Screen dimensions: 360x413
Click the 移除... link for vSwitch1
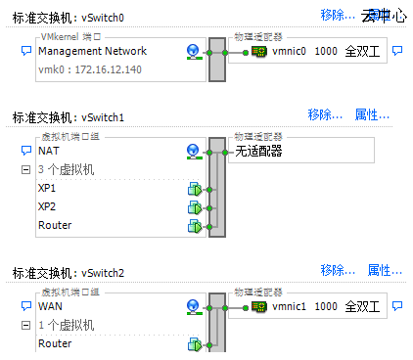(325, 114)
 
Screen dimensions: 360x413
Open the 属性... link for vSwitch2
(385, 270)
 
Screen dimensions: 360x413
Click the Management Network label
(92, 51)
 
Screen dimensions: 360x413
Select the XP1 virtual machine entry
(48, 188)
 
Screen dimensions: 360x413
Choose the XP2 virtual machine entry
(48, 207)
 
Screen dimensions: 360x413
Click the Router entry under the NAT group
(55, 226)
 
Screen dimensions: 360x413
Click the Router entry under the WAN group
(55, 343)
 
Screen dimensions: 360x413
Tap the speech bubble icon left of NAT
(26, 152)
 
